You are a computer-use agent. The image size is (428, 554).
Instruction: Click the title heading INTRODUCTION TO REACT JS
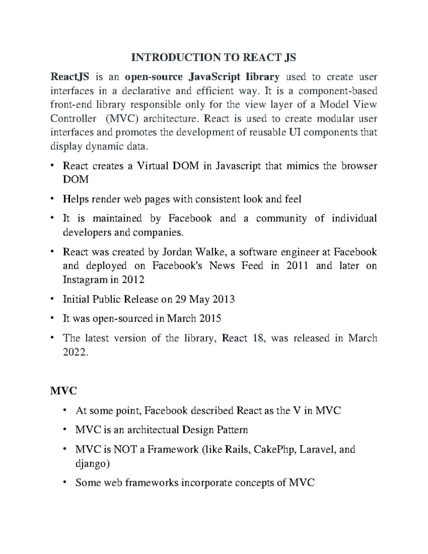(214, 57)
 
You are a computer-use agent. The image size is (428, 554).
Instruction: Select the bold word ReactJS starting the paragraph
(70, 77)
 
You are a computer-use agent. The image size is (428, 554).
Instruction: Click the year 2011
(297, 266)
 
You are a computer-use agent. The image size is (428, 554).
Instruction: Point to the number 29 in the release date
(180, 299)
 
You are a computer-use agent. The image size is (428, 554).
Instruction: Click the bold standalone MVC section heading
(63, 391)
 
